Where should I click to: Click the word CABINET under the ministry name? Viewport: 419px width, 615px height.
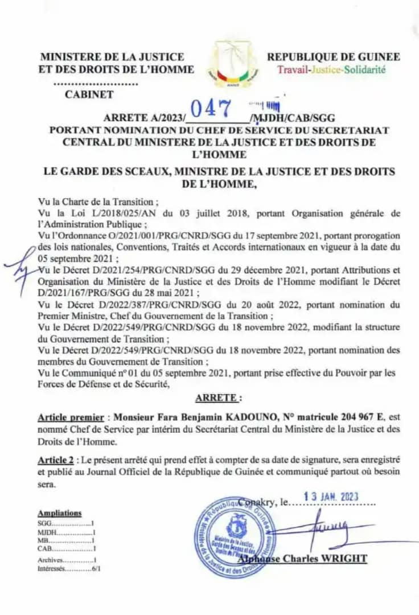pos(89,95)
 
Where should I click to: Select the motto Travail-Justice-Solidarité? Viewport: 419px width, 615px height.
pos(331,69)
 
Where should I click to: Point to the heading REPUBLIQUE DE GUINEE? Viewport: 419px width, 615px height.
pos(334,56)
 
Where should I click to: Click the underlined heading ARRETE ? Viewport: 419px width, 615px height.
pos(218,397)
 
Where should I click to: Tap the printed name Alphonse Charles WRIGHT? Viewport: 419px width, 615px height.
pos(302,558)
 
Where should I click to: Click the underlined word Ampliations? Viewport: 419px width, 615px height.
pos(59,513)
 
